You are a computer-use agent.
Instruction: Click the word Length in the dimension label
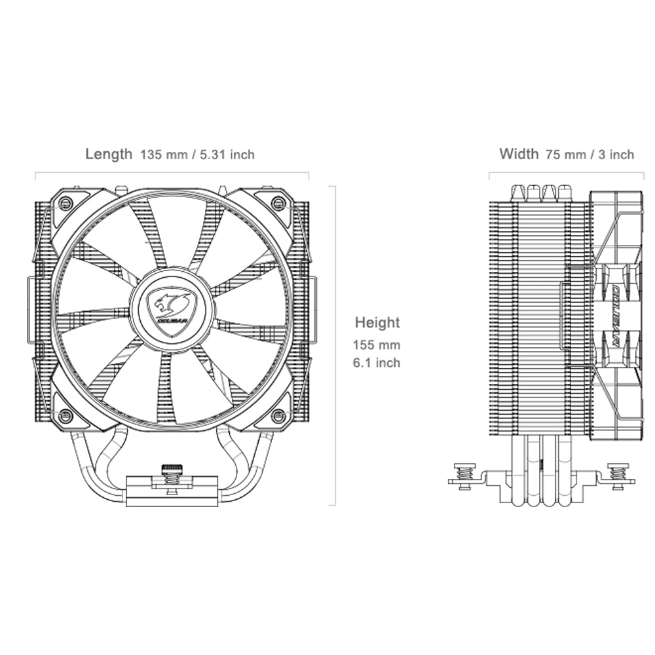click(x=108, y=154)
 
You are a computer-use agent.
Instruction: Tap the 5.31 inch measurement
click(x=226, y=155)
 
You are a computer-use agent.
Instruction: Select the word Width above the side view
click(x=519, y=154)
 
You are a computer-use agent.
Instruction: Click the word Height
click(x=377, y=322)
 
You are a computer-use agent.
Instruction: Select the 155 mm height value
click(x=376, y=345)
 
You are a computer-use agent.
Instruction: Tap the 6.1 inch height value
click(x=376, y=362)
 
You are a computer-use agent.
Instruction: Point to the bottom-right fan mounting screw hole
click(x=278, y=415)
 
